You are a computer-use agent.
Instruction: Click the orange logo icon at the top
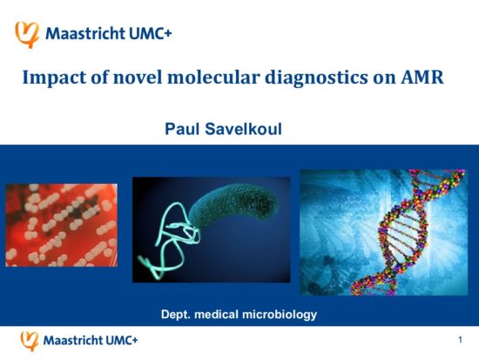27,35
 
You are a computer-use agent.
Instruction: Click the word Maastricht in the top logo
85,33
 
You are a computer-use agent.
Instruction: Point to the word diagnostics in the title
316,78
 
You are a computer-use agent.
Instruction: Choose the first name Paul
183,129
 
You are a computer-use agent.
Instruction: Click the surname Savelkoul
243,129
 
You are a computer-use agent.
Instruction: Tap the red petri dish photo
62,225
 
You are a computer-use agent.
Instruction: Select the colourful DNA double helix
408,233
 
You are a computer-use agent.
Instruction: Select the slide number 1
460,340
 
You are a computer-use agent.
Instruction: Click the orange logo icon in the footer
30,341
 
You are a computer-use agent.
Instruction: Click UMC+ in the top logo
151,33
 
